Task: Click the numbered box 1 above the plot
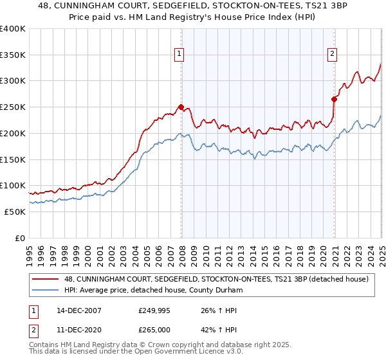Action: [x=178, y=55]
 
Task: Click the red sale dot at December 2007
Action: [x=181, y=107]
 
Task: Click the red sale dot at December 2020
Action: [x=335, y=99]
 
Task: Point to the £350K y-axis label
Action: [x=13, y=55]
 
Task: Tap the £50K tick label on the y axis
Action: [x=15, y=212]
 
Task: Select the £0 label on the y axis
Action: [x=20, y=238]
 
